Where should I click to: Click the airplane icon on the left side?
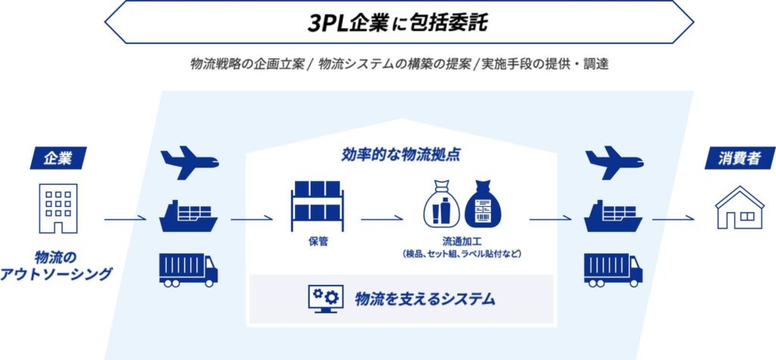point(189,162)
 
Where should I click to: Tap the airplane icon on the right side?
point(613,162)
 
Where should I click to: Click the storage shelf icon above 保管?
point(316,205)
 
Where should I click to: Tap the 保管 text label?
point(317,242)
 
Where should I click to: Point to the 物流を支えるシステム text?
point(425,299)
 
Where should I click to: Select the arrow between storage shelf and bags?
point(383,221)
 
